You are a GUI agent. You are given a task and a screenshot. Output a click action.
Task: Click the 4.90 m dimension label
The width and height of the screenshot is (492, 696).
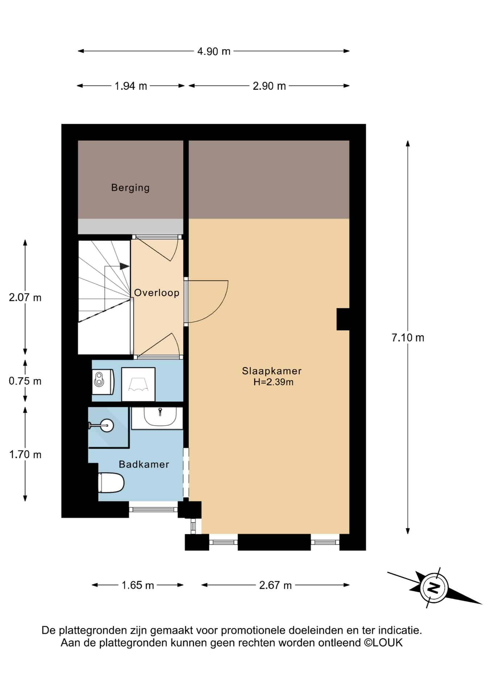click(x=214, y=51)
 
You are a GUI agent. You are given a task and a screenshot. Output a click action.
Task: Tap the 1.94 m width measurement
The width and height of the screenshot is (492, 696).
click(x=131, y=86)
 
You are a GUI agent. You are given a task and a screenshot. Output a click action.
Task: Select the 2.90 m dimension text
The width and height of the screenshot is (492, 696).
click(x=269, y=86)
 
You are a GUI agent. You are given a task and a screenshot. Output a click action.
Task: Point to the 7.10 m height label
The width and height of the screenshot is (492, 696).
click(x=408, y=337)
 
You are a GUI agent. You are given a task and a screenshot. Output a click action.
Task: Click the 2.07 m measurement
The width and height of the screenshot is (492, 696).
click(x=25, y=298)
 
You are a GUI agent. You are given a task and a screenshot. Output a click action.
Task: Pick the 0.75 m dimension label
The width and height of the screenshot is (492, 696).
click(x=25, y=381)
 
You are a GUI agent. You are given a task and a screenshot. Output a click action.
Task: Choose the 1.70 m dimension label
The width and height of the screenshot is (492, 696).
click(x=25, y=454)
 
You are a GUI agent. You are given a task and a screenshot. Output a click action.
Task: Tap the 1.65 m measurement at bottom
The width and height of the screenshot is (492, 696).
click(x=138, y=585)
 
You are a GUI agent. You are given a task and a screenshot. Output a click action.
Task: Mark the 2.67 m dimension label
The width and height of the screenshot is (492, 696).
click(x=275, y=585)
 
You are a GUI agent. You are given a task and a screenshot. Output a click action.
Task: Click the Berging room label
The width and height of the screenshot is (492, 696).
click(x=130, y=188)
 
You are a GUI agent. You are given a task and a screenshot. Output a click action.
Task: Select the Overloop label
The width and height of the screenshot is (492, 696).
click(x=157, y=293)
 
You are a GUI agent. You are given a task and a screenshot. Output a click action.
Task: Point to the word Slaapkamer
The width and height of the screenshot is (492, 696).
click(x=272, y=371)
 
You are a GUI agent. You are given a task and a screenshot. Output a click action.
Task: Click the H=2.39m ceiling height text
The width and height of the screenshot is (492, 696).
click(x=273, y=382)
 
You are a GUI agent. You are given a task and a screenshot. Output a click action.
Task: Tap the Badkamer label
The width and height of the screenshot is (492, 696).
click(x=144, y=464)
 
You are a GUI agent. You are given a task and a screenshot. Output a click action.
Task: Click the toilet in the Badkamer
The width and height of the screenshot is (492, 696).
click(x=111, y=483)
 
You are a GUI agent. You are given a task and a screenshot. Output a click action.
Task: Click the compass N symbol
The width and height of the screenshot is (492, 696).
click(x=434, y=588)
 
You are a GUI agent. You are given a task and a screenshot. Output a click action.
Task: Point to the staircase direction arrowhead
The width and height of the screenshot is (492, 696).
click(x=125, y=266)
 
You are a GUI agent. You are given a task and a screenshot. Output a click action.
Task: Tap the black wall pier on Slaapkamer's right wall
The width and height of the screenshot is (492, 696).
click(x=343, y=319)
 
